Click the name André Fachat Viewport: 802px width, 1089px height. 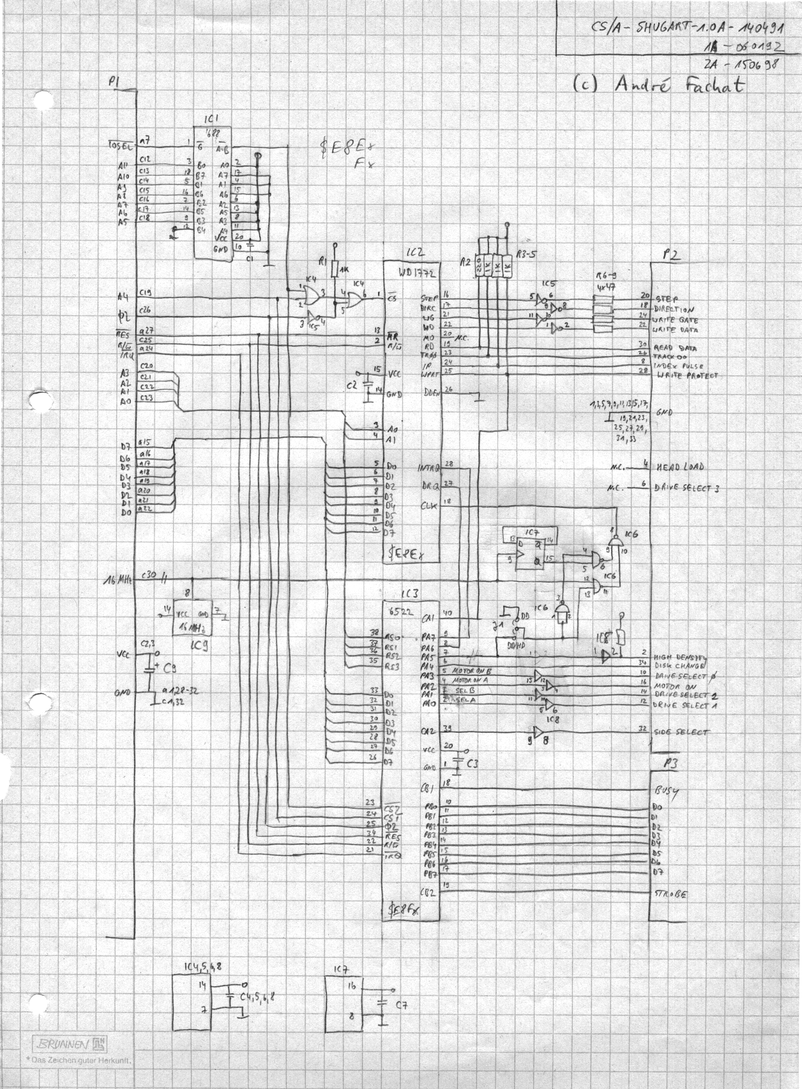[679, 86]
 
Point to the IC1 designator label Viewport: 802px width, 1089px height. [211, 119]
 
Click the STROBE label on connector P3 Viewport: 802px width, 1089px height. [670, 894]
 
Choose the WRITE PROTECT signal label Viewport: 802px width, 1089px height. [686, 376]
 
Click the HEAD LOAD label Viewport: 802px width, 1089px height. [681, 467]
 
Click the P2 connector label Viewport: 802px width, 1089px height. [670, 255]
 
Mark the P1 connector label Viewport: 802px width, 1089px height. [114, 82]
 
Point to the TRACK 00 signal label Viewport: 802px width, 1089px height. [669, 357]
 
